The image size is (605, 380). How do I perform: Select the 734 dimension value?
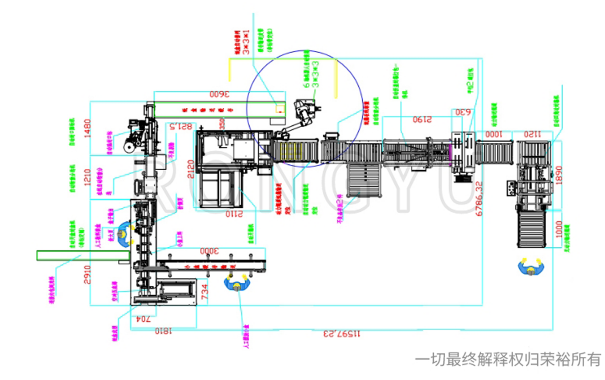(x=205, y=291)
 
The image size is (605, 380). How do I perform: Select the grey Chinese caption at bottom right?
(x=508, y=359)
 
